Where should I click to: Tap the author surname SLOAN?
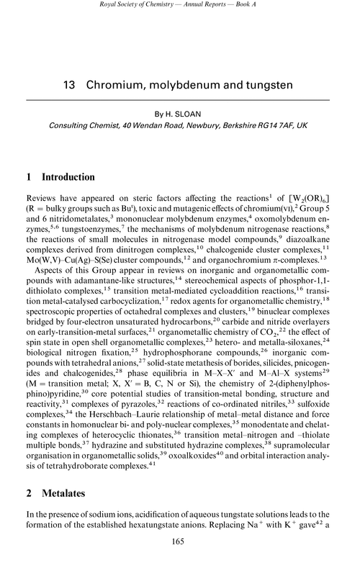coord(196,112)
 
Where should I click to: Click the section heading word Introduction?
coord(75,176)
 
